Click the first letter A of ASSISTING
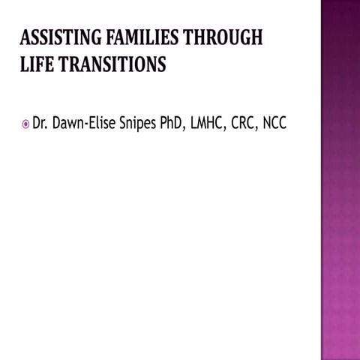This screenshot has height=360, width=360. tap(24, 38)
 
